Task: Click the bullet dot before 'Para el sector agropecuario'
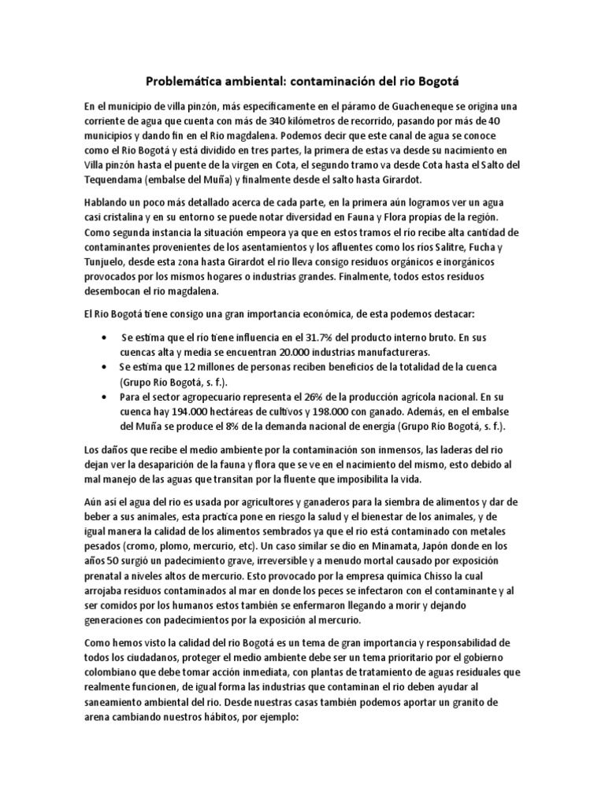point(106,397)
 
